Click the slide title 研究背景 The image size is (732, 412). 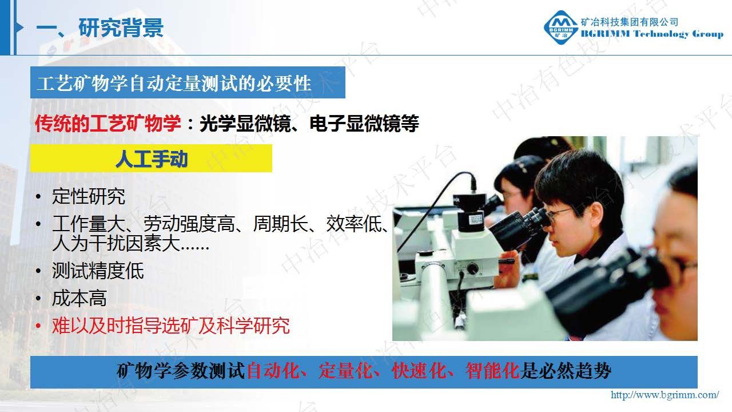pos(121,28)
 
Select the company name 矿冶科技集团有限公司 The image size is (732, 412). pos(629,22)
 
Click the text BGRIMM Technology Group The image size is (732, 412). pos(651,34)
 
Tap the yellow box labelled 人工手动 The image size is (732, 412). pos(151,159)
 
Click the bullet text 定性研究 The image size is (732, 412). pos(88,196)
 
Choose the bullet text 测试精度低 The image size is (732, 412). pos(98,271)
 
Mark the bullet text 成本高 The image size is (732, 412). pos(79,298)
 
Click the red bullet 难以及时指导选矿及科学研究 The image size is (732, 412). pos(170,326)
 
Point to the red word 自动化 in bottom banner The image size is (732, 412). pos(273,371)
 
